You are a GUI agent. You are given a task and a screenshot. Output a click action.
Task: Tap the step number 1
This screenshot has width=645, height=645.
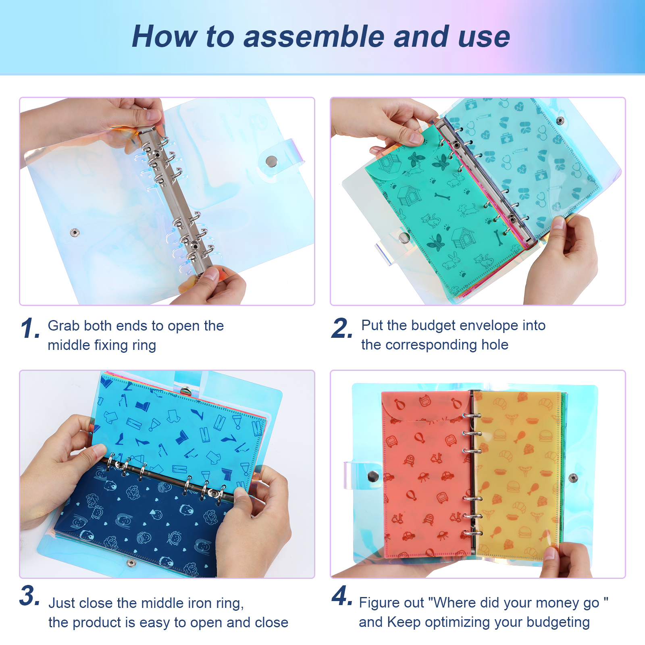tap(30, 328)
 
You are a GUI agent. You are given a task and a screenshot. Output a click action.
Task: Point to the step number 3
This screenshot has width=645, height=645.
tap(29, 595)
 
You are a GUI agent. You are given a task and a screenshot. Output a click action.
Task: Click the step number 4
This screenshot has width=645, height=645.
tap(342, 595)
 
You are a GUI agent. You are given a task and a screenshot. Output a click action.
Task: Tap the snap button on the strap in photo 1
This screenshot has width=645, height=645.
tap(271, 162)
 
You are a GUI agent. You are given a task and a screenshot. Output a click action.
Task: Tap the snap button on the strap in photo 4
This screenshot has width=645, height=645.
tap(373, 476)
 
